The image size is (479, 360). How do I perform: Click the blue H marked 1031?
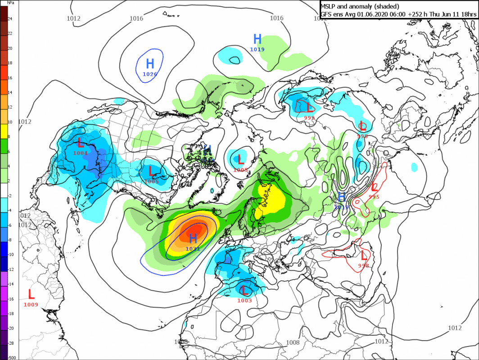[x=194, y=238]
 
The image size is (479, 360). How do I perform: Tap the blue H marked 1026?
[x=150, y=64]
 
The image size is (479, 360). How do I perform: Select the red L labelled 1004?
[x=81, y=143]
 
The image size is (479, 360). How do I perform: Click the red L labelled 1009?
[x=31, y=294]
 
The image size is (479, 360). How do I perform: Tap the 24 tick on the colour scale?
[x=10, y=18]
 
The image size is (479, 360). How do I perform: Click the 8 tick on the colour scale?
[x=9, y=136]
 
